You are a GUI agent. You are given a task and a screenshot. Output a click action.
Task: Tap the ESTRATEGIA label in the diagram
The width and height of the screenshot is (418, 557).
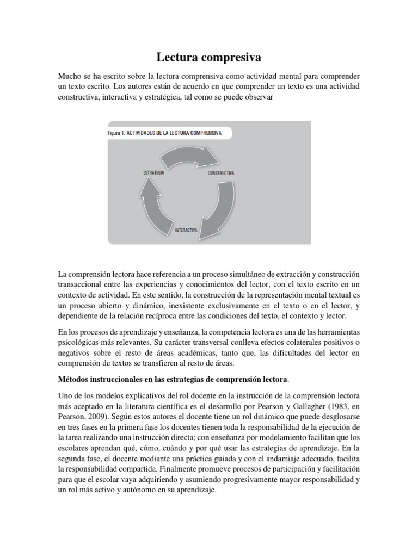tap(153, 172)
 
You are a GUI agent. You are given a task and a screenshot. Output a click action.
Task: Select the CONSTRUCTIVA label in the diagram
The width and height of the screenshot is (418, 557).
tap(221, 173)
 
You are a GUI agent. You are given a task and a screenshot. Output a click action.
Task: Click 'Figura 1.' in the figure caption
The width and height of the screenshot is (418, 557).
tap(116, 132)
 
